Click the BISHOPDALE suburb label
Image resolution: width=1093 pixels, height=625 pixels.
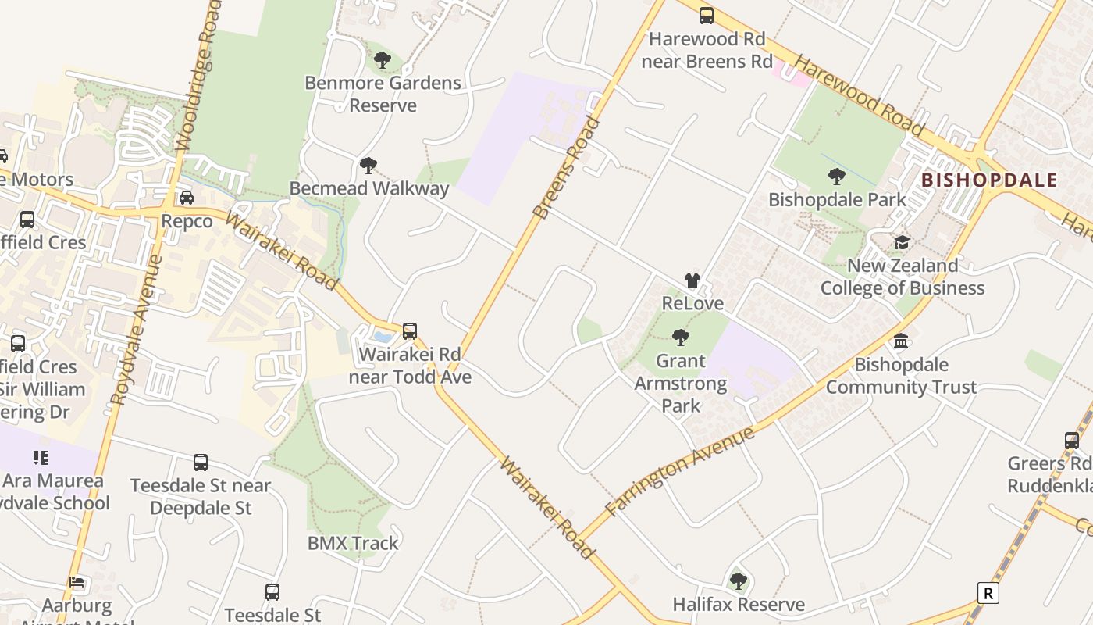(989, 180)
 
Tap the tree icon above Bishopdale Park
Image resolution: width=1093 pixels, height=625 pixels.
(836, 177)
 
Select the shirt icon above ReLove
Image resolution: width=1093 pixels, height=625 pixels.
(692, 280)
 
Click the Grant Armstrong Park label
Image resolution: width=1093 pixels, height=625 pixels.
(681, 384)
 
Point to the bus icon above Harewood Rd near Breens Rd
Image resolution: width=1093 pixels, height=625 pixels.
(707, 15)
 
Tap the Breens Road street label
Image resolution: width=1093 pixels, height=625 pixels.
(568, 166)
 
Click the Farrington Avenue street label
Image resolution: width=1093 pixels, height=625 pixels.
(680, 470)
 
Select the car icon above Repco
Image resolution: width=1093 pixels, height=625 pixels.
(187, 198)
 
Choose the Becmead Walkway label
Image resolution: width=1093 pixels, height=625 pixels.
(369, 188)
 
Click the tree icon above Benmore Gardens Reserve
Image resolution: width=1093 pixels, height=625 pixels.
(382, 60)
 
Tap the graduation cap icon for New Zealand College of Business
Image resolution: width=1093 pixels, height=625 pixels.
(902, 242)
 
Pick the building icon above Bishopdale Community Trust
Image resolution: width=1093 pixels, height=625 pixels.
(901, 341)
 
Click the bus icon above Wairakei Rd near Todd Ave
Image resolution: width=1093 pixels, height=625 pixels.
(410, 331)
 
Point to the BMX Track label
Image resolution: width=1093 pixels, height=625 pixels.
(353, 543)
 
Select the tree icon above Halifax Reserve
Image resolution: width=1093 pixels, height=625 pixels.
(738, 581)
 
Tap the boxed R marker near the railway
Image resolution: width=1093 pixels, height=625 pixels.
(988, 593)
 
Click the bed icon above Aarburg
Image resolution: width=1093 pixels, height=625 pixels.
(77, 582)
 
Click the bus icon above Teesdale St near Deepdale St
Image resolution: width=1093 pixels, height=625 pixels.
(201, 462)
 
